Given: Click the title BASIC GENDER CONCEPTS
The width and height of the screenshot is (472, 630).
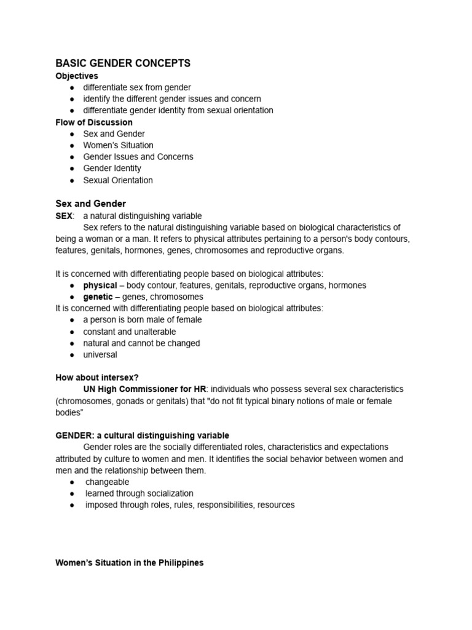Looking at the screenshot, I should pyautogui.click(x=123, y=63).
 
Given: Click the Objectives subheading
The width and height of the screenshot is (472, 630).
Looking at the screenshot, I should pyautogui.click(x=77, y=76).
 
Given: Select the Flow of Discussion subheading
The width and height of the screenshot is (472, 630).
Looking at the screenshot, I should pyautogui.click(x=94, y=122).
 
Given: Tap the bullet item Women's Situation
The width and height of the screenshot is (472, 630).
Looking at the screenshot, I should pyautogui.click(x=118, y=145).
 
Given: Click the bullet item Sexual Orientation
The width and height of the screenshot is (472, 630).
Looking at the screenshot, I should pyautogui.click(x=118, y=180).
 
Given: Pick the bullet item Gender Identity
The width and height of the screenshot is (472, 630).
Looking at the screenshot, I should pyautogui.click(x=112, y=168).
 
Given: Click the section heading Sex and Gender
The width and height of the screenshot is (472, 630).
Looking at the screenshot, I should pyautogui.click(x=90, y=204).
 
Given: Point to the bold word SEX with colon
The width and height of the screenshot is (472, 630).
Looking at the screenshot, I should pyautogui.click(x=65, y=216).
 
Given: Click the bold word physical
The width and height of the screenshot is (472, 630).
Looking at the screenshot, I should pyautogui.click(x=100, y=285).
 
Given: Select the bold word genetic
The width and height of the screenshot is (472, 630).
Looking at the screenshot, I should pyautogui.click(x=98, y=297).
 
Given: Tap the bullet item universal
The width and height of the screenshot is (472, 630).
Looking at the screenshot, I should pyautogui.click(x=100, y=354).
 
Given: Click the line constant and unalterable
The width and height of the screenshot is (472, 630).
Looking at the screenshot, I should pyautogui.click(x=129, y=332).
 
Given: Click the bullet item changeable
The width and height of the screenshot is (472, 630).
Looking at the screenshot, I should pyautogui.click(x=107, y=482).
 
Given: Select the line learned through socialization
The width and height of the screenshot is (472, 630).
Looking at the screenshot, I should pyautogui.click(x=139, y=493).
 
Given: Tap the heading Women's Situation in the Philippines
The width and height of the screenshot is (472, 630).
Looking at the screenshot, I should pyautogui.click(x=129, y=563).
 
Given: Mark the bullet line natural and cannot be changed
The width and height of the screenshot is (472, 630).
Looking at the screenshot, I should pyautogui.click(x=141, y=343).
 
